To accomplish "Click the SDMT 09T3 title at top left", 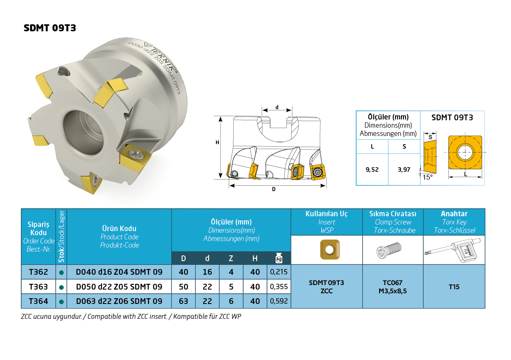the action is [50, 28].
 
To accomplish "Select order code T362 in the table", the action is [38, 272].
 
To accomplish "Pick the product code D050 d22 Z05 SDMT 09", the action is [119, 287].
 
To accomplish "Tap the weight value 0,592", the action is [279, 301].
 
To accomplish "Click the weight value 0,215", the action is [279, 272].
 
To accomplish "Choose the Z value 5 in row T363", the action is [231, 287].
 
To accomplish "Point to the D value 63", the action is [183, 301].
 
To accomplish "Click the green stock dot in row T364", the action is [61, 302].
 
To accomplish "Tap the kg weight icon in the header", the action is [279, 258].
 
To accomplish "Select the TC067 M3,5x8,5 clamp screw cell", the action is [393, 287].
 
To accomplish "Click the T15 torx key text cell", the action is [454, 287].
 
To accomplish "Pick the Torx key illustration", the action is [452, 250].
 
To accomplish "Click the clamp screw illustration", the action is [389, 250].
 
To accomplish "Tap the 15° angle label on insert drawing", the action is [427, 177].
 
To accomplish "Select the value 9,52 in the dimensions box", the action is [372, 170].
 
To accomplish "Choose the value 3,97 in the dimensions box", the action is [404, 170].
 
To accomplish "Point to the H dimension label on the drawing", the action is [217, 143].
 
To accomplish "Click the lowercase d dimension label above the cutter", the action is [277, 107].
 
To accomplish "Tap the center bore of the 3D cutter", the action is [84, 132].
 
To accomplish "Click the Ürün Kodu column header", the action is [119, 229].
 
